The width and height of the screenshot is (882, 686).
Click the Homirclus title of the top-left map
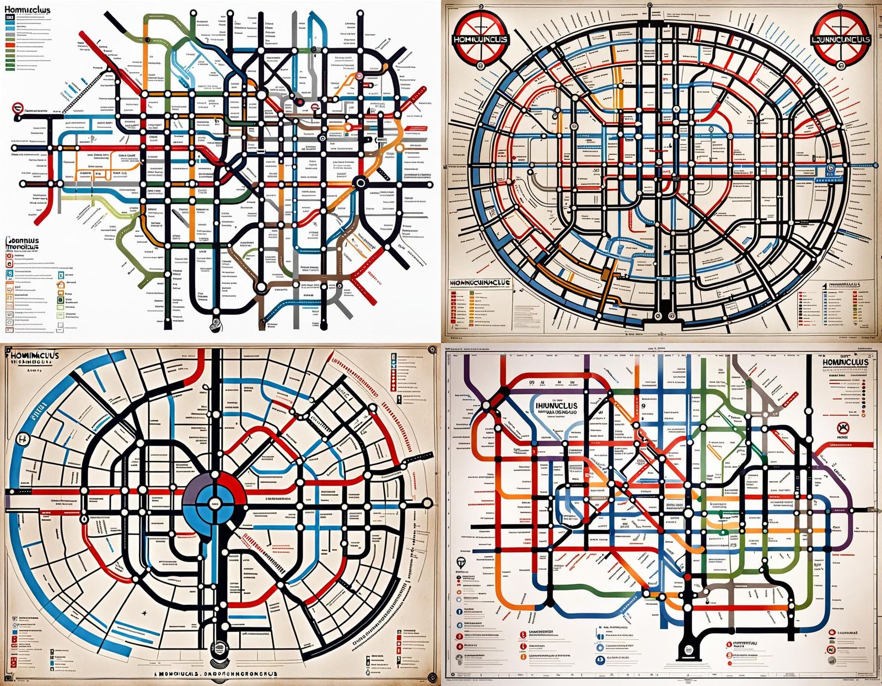coord(28,9)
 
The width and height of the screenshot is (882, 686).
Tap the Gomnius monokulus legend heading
coord(23,244)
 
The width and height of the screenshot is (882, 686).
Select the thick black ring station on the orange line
coord(361,182)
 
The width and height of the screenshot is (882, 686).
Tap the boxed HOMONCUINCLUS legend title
coord(480,282)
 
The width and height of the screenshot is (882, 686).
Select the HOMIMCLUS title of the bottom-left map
coord(34,356)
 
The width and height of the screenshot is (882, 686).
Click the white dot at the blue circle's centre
coord(214,502)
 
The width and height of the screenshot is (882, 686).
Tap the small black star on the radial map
coord(144,612)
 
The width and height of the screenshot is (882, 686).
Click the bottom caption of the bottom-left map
coord(215,674)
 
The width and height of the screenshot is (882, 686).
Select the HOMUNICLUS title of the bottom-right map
coord(845,362)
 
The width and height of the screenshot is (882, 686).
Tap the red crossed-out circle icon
coord(842,427)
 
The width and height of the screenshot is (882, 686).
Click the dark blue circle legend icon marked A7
coord(600,659)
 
